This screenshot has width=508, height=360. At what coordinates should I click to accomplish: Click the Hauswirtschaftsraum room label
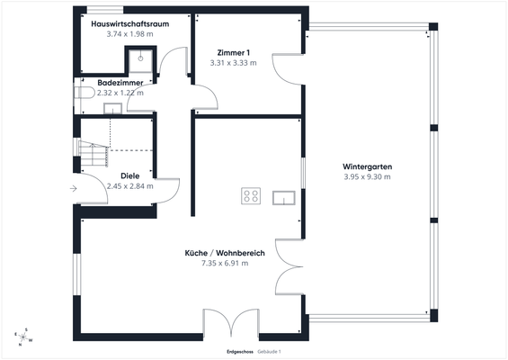pos(129,24)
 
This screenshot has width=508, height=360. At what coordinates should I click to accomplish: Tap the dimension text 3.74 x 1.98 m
pos(129,34)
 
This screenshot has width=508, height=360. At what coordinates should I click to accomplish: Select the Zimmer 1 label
pos(233,53)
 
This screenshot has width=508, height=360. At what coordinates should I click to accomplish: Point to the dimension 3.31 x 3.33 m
pos(233,63)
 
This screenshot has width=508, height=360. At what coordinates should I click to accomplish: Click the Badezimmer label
pos(120,83)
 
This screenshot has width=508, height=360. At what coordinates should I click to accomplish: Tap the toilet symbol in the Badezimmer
pos(84,93)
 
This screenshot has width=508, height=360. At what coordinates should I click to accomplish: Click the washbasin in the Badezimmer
pos(112,108)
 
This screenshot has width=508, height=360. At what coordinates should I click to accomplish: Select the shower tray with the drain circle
pos(140,61)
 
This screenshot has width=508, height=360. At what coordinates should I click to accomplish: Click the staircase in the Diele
pos(94,154)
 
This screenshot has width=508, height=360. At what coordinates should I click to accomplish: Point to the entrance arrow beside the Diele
pos(74,188)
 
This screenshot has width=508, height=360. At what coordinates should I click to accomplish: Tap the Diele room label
pos(129,176)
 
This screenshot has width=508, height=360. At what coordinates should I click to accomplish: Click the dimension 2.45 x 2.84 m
pos(129,186)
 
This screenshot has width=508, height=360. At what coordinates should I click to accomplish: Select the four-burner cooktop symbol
pos(251,196)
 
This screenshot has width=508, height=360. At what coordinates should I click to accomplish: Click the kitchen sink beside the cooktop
pos(284,198)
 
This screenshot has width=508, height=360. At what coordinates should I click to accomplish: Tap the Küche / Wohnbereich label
pos(225,253)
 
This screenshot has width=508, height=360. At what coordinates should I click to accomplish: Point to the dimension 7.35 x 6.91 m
pos(225,263)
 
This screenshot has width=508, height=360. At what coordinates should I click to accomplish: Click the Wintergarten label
pos(368,166)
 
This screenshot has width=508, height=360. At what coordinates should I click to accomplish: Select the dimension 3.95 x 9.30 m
pos(368,176)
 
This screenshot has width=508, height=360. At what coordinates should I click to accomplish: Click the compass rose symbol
pos(23,337)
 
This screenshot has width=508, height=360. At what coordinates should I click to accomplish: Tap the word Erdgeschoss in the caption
pos(240,352)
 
